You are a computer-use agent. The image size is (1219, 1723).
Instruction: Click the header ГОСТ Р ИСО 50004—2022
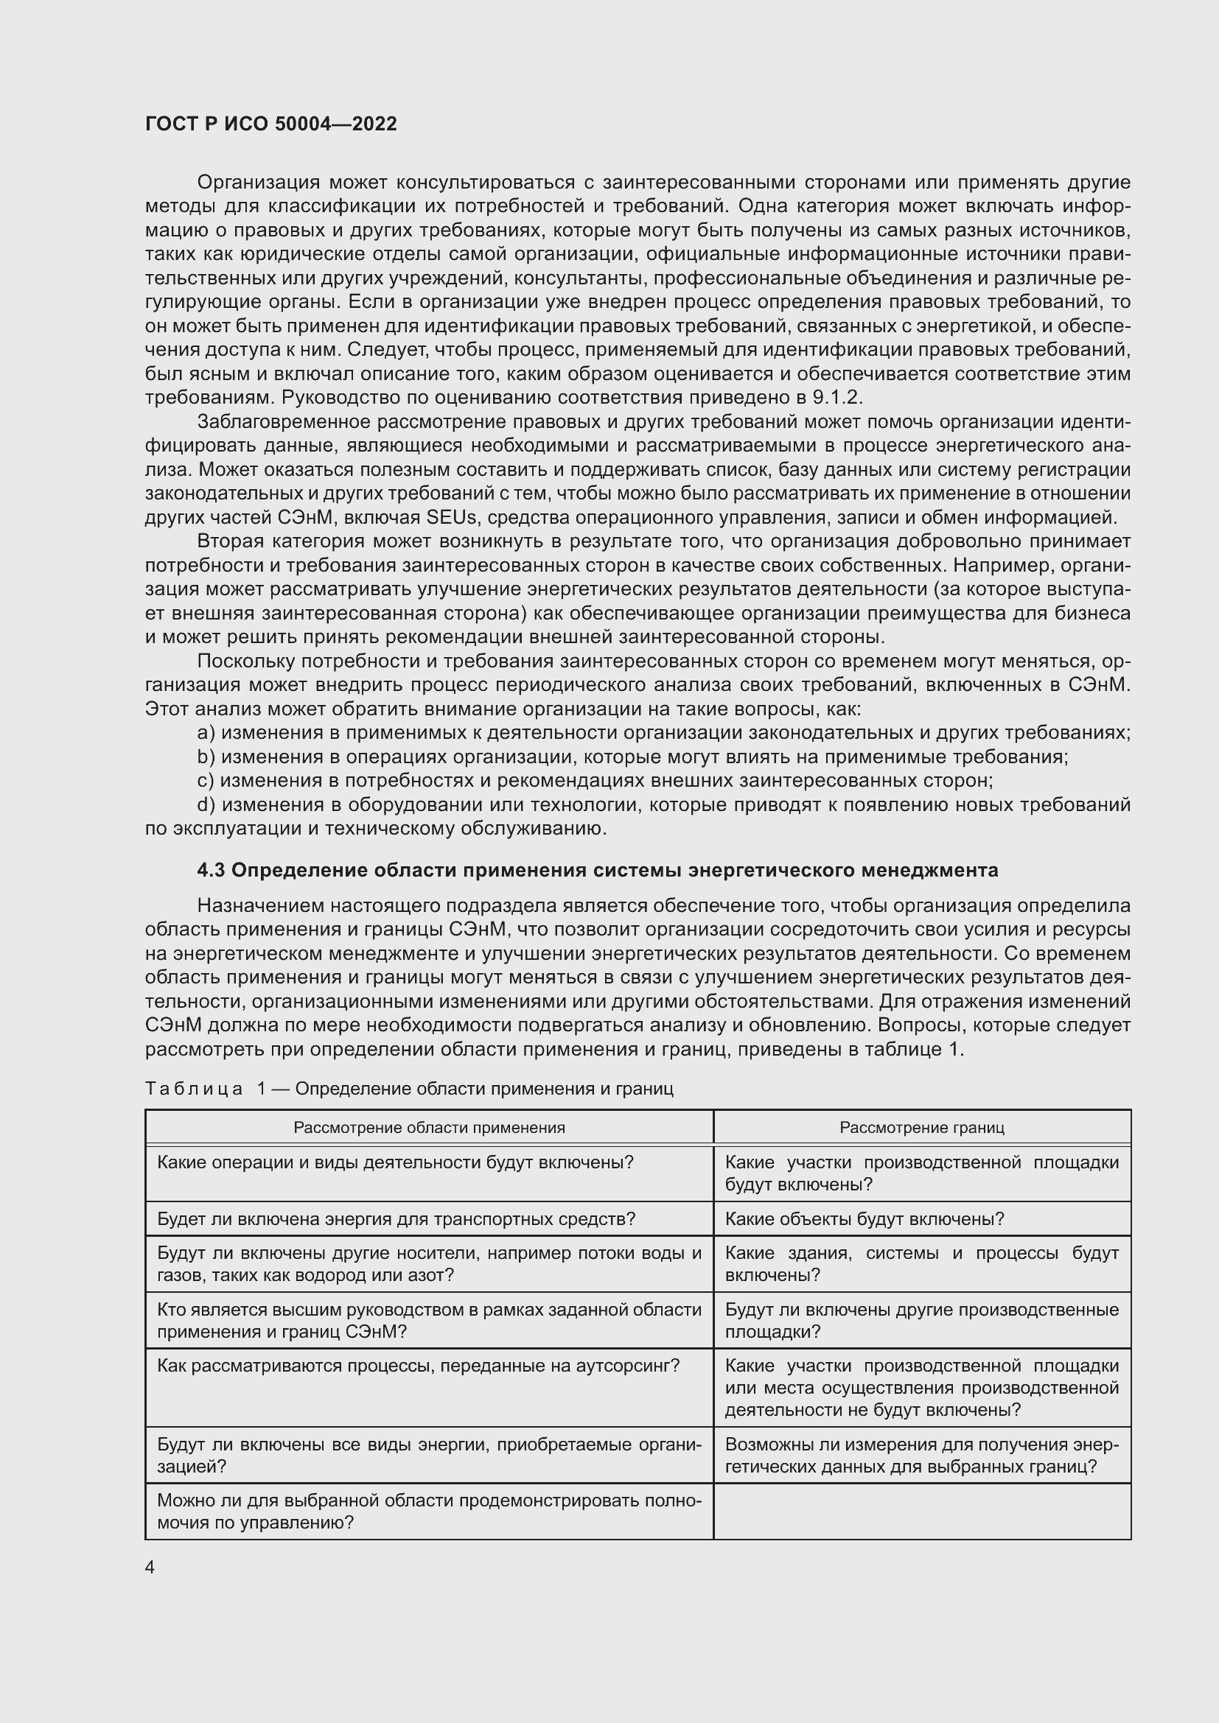[271, 124]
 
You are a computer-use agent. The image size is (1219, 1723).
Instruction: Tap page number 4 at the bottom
[150, 1567]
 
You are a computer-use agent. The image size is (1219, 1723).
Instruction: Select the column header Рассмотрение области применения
[429, 1128]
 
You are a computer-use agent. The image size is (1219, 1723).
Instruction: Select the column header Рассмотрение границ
[922, 1128]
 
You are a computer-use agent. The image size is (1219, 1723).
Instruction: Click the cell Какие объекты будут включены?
[864, 1219]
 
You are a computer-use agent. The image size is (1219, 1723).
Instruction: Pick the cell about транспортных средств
[397, 1219]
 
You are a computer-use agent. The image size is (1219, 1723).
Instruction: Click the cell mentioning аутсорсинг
[418, 1366]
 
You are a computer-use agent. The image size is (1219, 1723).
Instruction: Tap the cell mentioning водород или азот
[429, 1265]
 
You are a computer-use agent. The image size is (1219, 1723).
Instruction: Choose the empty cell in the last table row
[922, 1512]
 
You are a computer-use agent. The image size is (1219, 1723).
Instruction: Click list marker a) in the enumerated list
[206, 733]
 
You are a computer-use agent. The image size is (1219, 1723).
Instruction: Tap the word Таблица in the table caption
[194, 1089]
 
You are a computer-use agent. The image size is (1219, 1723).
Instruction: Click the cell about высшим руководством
[429, 1321]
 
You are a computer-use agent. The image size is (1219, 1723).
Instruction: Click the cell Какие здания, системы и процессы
[922, 1265]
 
